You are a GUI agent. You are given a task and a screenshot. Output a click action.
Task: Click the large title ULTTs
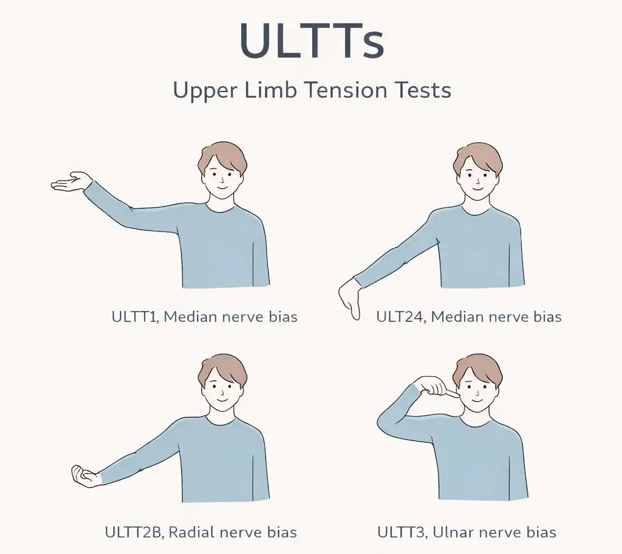pyautogui.click(x=312, y=41)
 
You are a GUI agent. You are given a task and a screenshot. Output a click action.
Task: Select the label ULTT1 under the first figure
pyautogui.click(x=135, y=316)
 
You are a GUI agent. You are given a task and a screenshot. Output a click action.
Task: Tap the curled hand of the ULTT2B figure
pyautogui.click(x=84, y=476)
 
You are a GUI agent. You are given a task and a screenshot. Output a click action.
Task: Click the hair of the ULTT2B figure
pyautogui.click(x=222, y=370)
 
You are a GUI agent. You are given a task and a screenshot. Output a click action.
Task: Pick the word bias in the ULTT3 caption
pyautogui.click(x=541, y=532)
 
